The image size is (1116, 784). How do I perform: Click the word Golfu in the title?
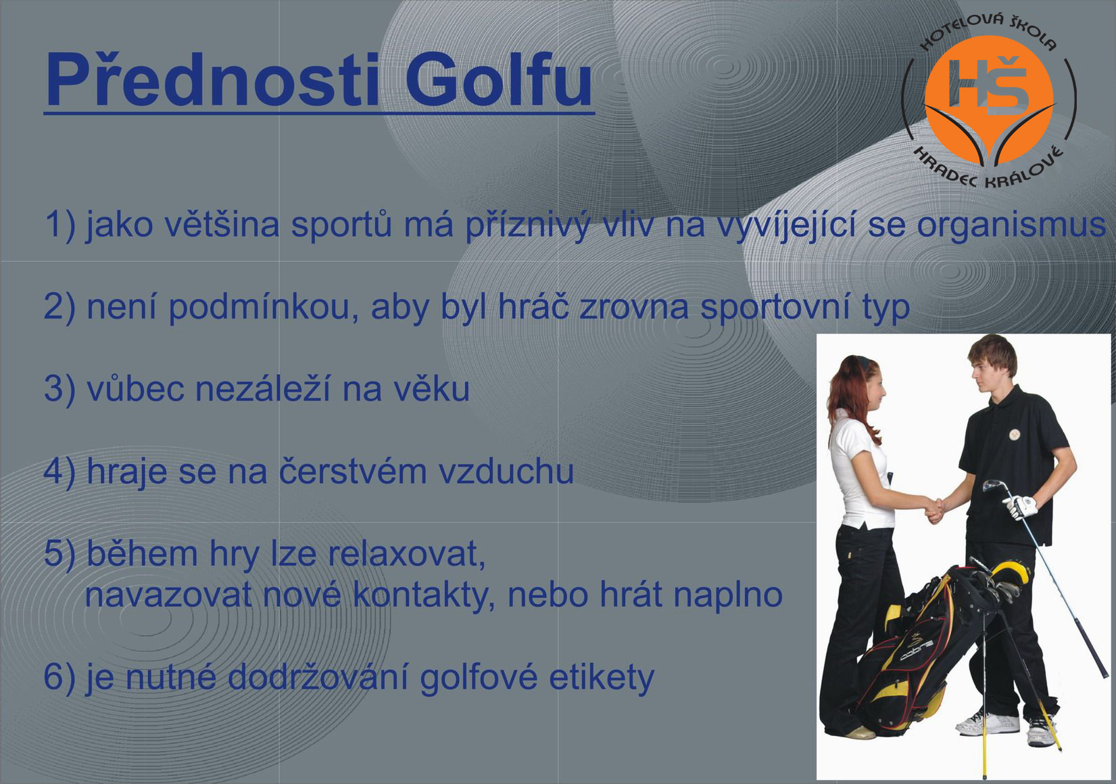coord(499,80)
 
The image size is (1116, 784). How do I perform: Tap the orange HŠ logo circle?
coord(989,99)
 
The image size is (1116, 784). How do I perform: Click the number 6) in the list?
coord(59,678)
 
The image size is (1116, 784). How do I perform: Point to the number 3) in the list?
coord(59,390)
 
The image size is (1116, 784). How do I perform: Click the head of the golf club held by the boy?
coord(992,484)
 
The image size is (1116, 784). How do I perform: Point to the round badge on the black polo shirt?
coord(1016,434)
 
